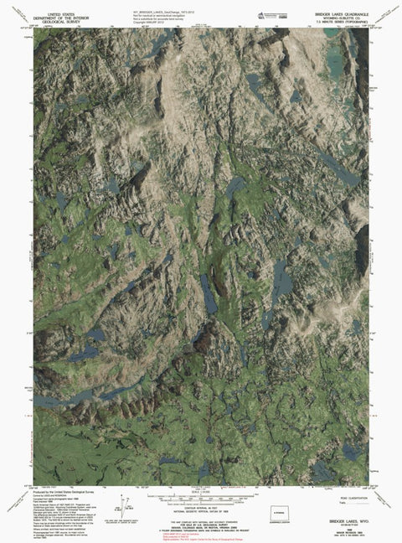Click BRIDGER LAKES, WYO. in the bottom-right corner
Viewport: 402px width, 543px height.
(x=343, y=520)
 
